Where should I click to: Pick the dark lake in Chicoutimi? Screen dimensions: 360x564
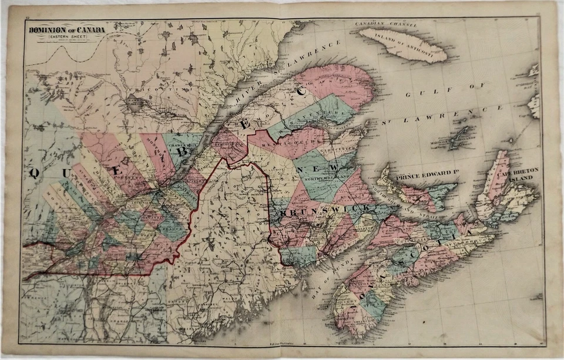pos(135,104)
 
